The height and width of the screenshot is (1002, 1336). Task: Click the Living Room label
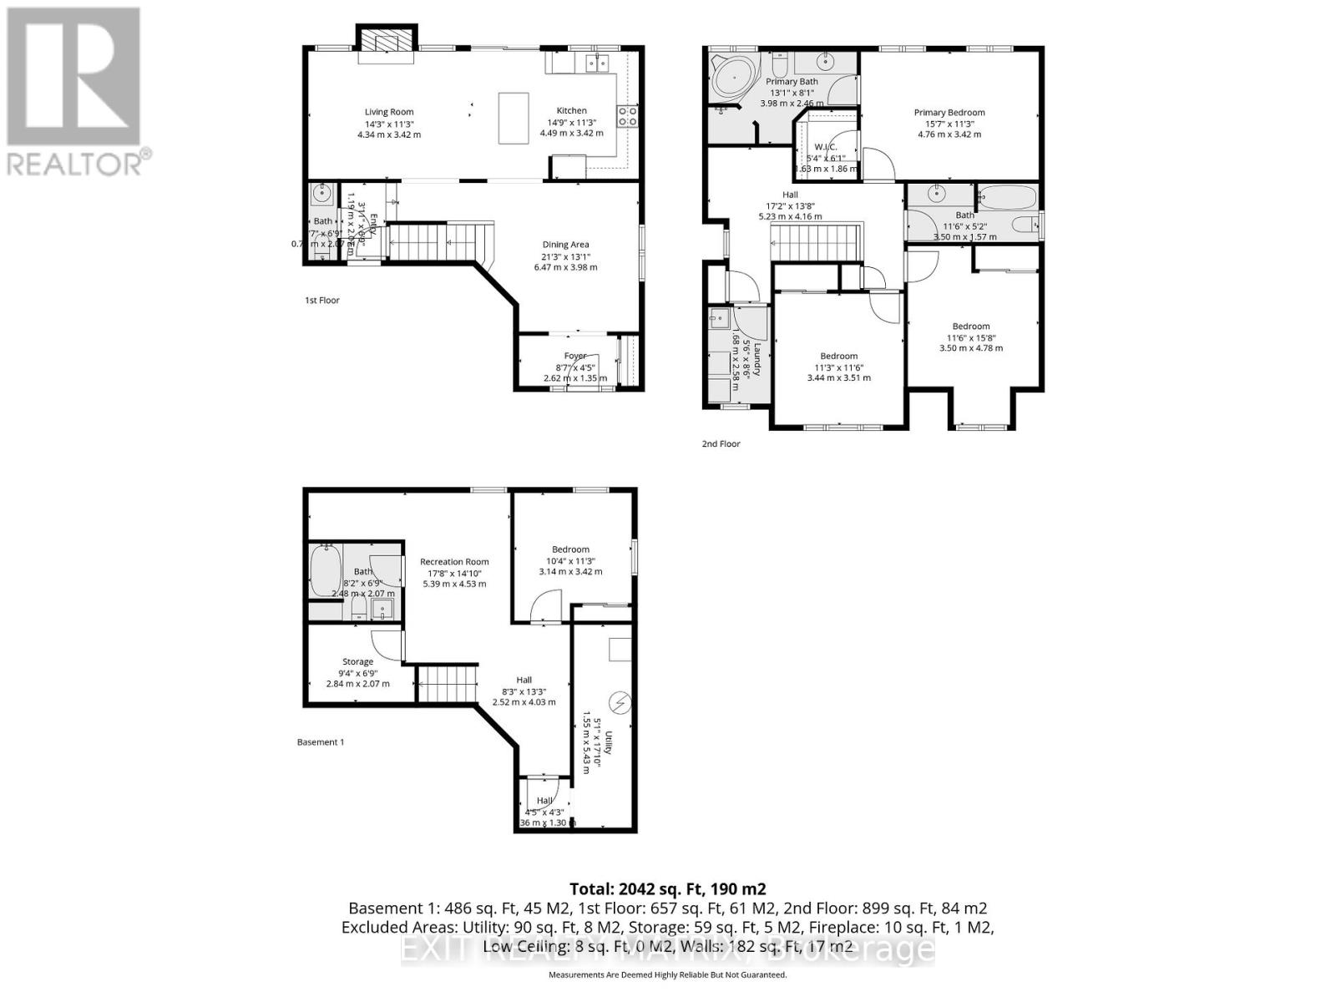[x=388, y=112]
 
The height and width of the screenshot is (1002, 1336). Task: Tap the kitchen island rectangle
[x=514, y=118]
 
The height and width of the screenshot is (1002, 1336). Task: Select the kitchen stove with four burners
[x=627, y=116]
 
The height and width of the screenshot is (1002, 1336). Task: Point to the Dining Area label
[x=565, y=245]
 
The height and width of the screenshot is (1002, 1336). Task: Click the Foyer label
[x=574, y=356]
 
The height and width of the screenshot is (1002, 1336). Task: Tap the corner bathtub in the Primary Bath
[x=731, y=80]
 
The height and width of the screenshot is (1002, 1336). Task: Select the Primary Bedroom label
[x=949, y=113]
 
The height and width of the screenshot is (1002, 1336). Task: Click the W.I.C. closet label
[x=825, y=148]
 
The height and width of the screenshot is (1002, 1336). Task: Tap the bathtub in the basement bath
[x=325, y=570]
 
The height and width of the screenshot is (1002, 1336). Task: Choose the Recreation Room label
[x=454, y=562]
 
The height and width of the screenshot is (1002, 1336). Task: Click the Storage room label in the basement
[x=357, y=662]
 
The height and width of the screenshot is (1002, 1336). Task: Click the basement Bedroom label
[x=570, y=549]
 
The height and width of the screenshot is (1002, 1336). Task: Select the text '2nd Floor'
[x=721, y=444]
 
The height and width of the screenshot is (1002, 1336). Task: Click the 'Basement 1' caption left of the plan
[x=321, y=742]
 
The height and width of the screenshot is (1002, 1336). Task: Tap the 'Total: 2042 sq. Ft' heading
[x=667, y=889]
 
